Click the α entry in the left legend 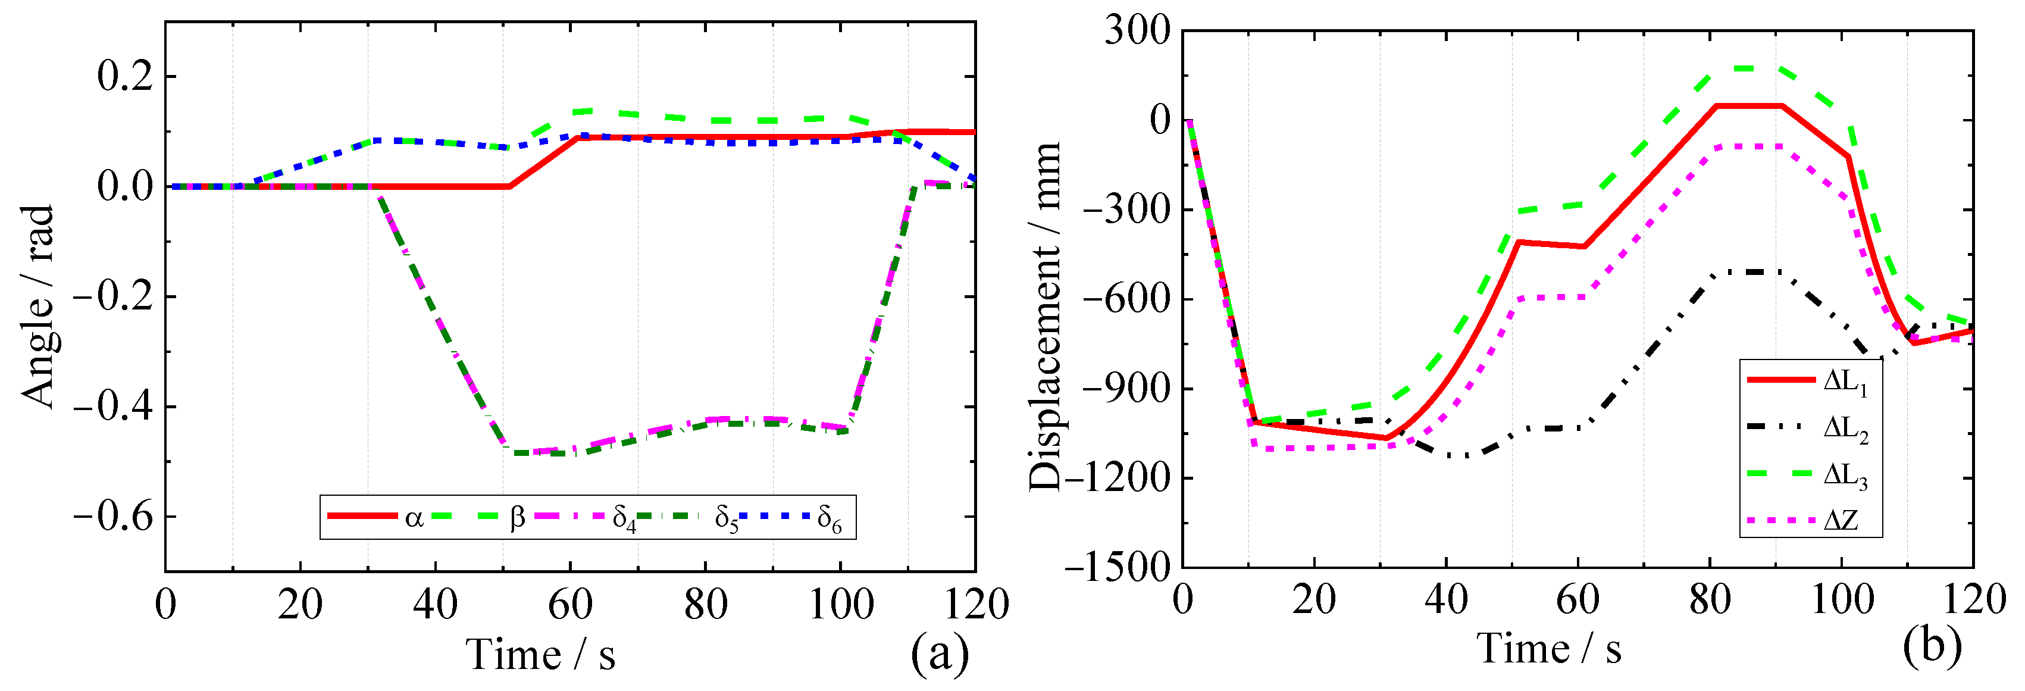414,517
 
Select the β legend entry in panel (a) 517,517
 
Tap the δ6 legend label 830,519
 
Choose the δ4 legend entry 624,519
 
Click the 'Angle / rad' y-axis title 37,307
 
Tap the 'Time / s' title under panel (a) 541,655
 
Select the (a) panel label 940,654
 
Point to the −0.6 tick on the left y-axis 114,517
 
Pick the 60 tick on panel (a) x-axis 570,605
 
